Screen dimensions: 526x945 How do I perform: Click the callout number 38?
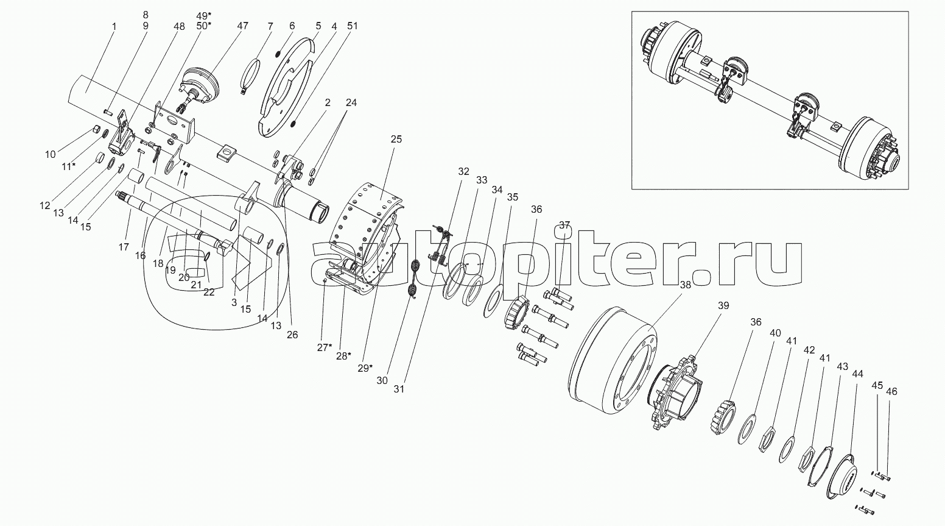click(x=686, y=285)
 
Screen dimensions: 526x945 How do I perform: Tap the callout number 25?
click(x=396, y=140)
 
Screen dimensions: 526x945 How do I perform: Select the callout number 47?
click(x=242, y=26)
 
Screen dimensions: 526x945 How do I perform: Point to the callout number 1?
click(x=113, y=26)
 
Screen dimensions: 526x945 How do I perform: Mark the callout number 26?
click(x=292, y=335)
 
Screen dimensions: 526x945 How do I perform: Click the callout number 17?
click(x=124, y=247)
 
